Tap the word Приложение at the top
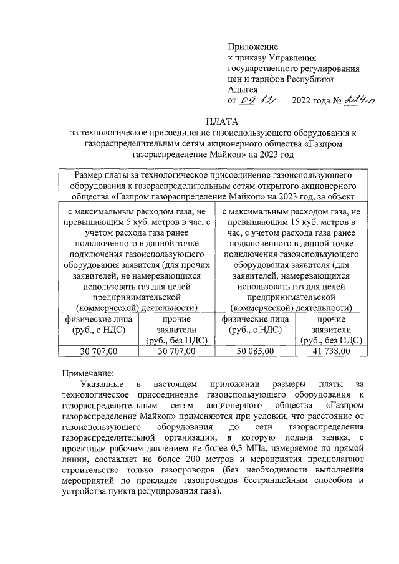[253, 47]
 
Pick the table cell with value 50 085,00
[256, 351]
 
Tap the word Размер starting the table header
[89, 176]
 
